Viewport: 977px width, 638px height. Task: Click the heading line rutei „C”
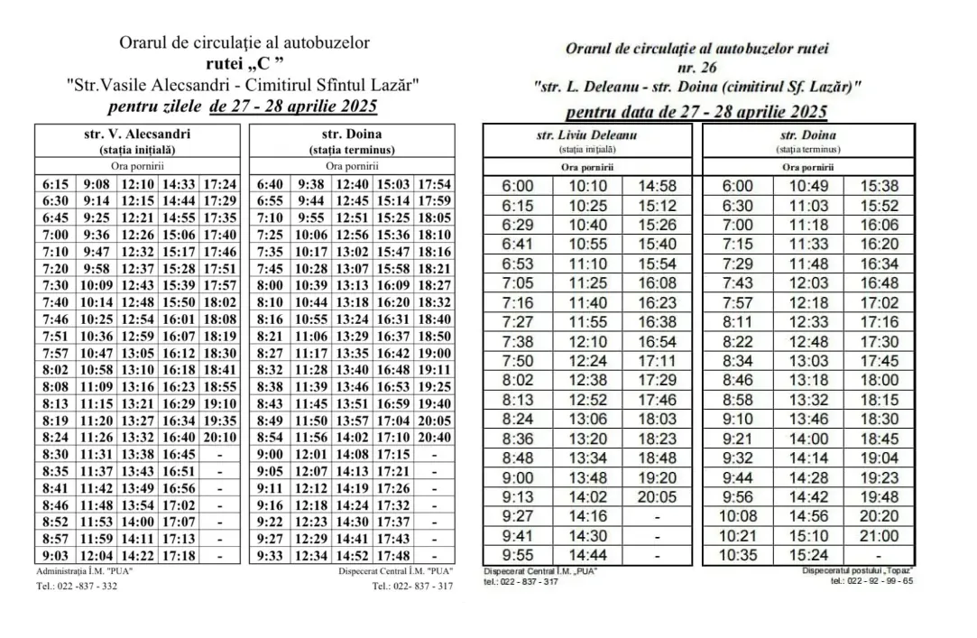pyautogui.click(x=244, y=64)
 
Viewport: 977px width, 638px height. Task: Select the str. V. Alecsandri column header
pyautogui.click(x=137, y=134)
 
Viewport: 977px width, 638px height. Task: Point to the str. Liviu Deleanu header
pyautogui.click(x=587, y=135)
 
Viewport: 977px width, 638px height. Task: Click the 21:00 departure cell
pyautogui.click(x=879, y=536)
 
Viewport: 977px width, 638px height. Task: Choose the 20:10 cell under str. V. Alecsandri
pyautogui.click(x=221, y=438)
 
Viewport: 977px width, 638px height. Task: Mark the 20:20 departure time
pyautogui.click(x=879, y=516)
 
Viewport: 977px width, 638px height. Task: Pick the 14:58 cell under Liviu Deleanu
pyautogui.click(x=657, y=186)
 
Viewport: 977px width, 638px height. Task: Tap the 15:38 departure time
pyautogui.click(x=879, y=186)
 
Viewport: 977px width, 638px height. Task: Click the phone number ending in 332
pyautogui.click(x=77, y=586)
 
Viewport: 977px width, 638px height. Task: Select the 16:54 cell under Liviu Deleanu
pyautogui.click(x=657, y=342)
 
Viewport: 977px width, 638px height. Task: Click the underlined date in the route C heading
pyautogui.click(x=292, y=106)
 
